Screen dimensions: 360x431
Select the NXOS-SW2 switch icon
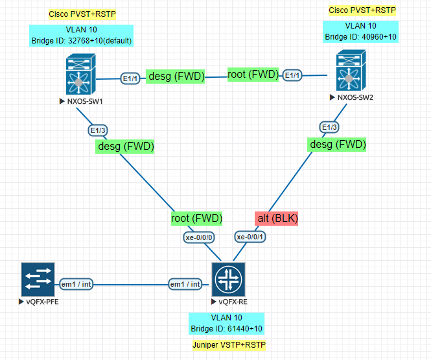[350, 73]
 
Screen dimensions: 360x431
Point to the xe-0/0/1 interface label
[250, 237]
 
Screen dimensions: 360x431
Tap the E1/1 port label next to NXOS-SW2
[293, 75]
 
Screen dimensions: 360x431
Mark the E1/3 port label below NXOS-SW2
[329, 127]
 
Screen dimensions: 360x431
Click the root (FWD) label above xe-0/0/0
[197, 218]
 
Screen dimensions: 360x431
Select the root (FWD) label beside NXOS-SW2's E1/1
[253, 75]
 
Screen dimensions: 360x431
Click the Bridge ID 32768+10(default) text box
[81, 36]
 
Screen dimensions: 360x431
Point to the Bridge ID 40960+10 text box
[361, 32]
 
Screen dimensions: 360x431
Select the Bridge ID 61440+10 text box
[226, 323]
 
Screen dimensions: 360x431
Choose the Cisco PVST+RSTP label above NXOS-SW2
[362, 10]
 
